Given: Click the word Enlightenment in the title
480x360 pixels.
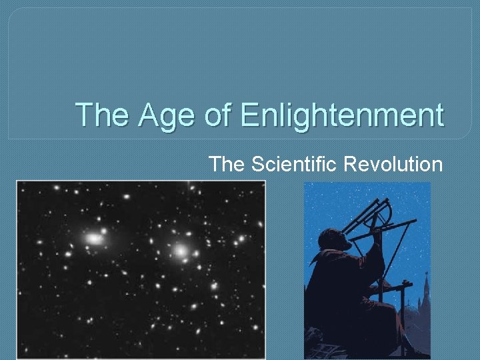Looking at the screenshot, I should pyautogui.click(x=341, y=115).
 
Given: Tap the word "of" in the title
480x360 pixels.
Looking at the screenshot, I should pyautogui.click(x=214, y=115).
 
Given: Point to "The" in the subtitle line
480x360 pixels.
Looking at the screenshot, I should pyautogui.click(x=228, y=163).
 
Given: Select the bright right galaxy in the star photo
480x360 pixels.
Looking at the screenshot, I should pyautogui.click(x=180, y=251).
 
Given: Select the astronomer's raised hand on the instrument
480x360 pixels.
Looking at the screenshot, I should pyautogui.click(x=377, y=233).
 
